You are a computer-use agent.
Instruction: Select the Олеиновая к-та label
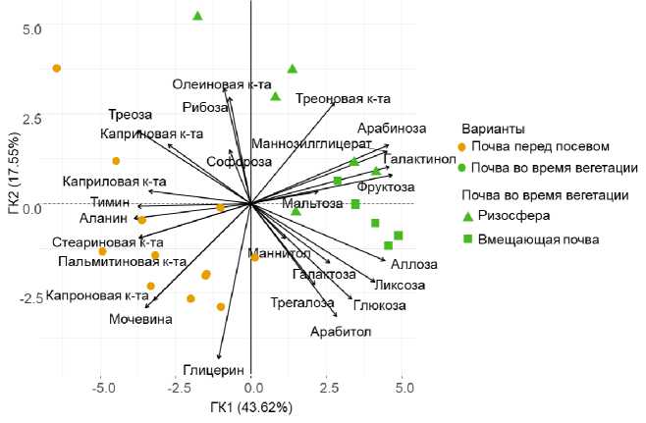(222, 84)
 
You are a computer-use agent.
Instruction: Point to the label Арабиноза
(392, 129)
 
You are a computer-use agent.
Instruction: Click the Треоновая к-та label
(343, 98)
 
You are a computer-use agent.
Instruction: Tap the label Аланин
(102, 218)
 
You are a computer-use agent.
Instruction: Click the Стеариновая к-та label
(108, 241)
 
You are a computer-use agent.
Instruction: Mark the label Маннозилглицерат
(306, 144)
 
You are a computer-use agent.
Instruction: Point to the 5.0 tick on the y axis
(32, 29)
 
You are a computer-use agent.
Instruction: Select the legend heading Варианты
(497, 129)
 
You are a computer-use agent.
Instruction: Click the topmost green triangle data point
(197, 16)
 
